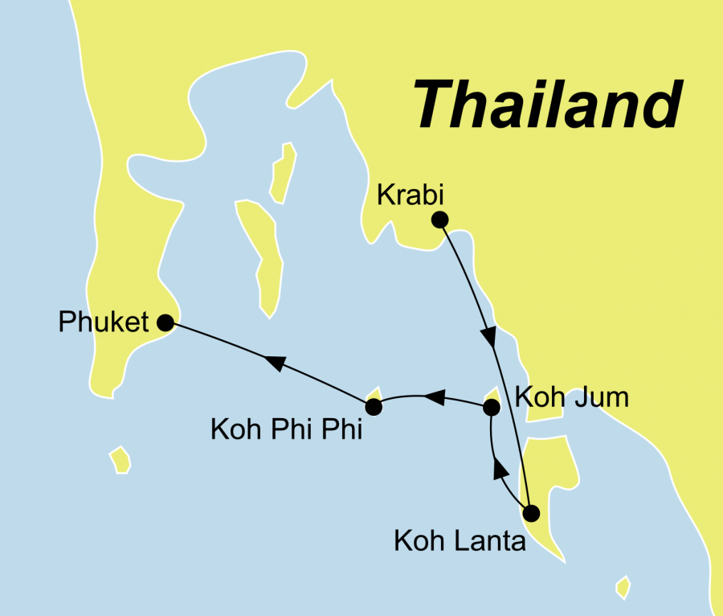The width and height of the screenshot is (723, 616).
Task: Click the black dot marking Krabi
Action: pyautogui.click(x=439, y=219)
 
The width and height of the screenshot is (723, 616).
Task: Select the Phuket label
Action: pyautogui.click(x=104, y=322)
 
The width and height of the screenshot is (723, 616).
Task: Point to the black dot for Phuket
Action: pyautogui.click(x=165, y=322)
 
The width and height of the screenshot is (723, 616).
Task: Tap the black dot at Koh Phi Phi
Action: pyautogui.click(x=374, y=407)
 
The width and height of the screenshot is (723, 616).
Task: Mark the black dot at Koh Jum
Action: pyautogui.click(x=492, y=409)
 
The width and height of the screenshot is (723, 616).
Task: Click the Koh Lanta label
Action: pyautogui.click(x=460, y=541)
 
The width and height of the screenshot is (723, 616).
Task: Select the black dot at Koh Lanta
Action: pyautogui.click(x=529, y=512)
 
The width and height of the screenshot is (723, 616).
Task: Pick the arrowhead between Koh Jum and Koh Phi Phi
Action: pyautogui.click(x=432, y=396)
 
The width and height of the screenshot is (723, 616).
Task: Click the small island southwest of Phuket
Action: pyautogui.click(x=120, y=460)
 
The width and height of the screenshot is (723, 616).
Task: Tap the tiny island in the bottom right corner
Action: pyautogui.click(x=621, y=588)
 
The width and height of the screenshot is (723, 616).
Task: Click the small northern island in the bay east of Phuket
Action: pyautogui.click(x=283, y=171)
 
